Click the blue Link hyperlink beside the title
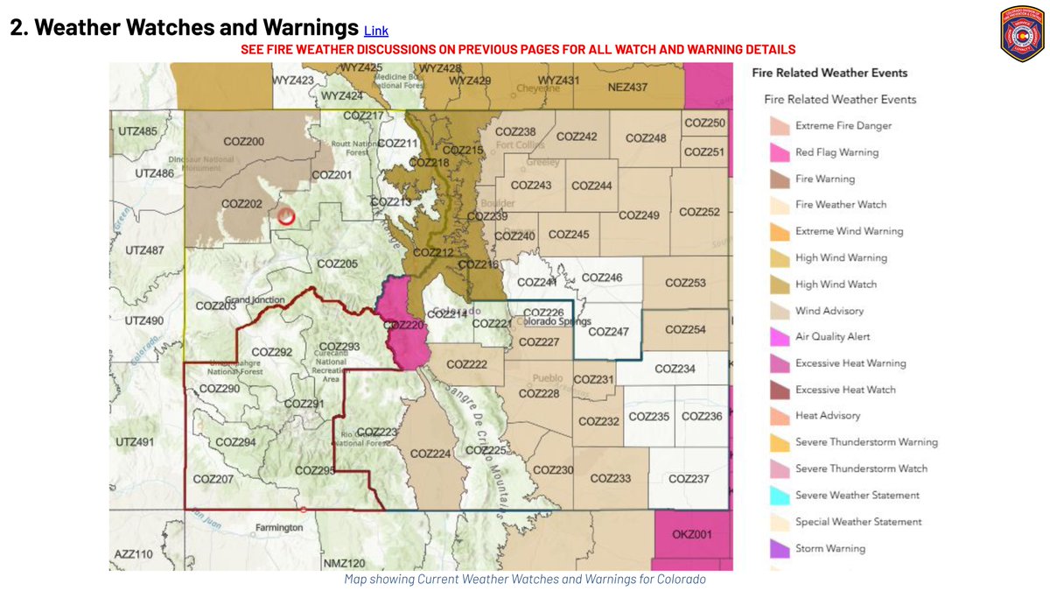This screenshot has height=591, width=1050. point(375,31)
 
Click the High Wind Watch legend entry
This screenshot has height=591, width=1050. point(836,285)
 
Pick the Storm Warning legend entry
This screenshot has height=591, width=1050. point(829,549)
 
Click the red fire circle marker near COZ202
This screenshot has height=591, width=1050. point(286,215)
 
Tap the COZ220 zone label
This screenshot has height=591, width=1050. point(403,325)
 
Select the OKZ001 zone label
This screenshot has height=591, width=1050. point(692,534)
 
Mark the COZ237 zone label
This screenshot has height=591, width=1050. point(689,479)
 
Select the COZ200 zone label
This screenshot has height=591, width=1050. point(242,142)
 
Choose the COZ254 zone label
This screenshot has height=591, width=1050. point(685,330)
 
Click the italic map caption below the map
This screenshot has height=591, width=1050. point(524,580)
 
